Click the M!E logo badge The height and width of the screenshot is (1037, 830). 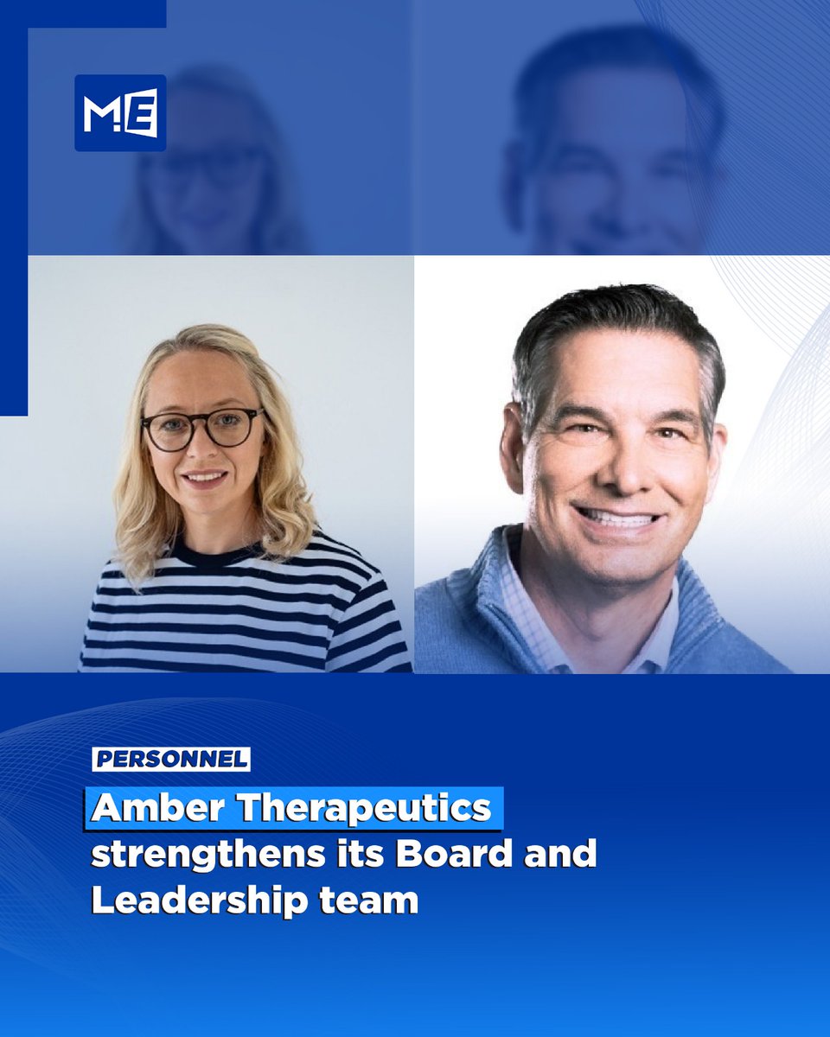pos(120,113)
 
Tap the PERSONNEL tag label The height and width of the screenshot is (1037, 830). pos(171,760)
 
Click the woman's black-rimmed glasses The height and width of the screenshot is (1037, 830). pos(201,429)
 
